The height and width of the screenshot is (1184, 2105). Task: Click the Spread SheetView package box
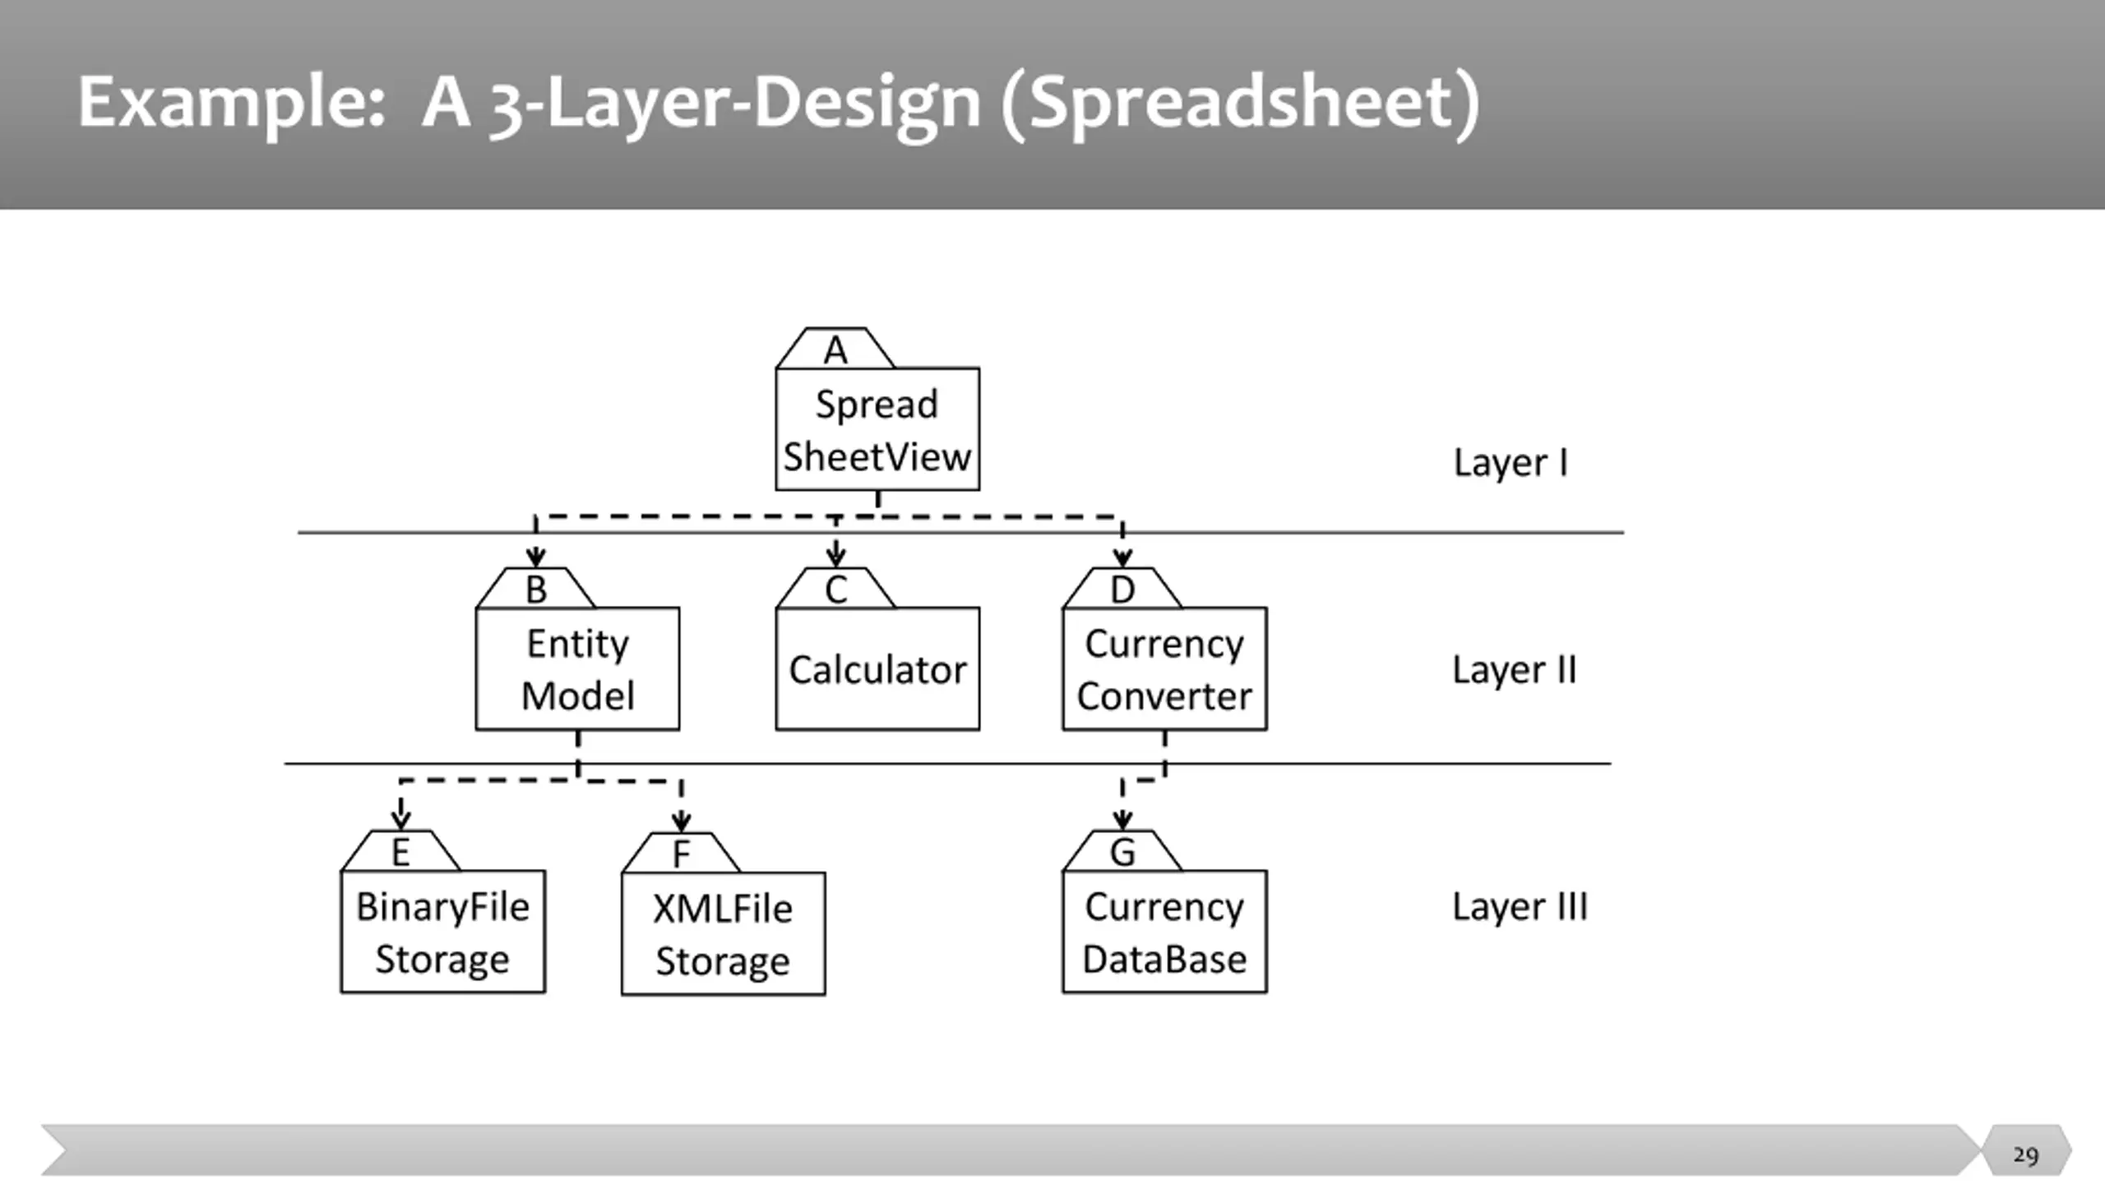877,429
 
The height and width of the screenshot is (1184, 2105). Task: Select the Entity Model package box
577,668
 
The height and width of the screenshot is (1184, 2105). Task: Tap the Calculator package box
877,668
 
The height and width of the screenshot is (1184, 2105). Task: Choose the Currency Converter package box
1164,668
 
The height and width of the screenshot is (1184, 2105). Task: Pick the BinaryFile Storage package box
442,932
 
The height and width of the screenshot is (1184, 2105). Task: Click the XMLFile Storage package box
723,933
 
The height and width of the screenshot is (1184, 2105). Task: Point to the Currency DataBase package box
1164,932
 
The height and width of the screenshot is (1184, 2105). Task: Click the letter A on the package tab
835,350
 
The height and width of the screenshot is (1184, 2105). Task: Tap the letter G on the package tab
1122,853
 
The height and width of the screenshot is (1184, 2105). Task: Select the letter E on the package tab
400,853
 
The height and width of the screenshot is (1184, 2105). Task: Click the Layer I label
1511,463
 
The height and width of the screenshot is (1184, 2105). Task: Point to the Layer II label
1515,670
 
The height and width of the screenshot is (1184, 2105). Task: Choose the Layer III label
1520,907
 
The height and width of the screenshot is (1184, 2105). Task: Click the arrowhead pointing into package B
535,558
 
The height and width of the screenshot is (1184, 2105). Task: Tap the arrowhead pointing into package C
835,558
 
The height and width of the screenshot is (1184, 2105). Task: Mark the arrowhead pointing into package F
681,822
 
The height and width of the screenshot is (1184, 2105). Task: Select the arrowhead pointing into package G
1122,821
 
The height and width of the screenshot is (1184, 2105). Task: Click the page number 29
2025,1155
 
